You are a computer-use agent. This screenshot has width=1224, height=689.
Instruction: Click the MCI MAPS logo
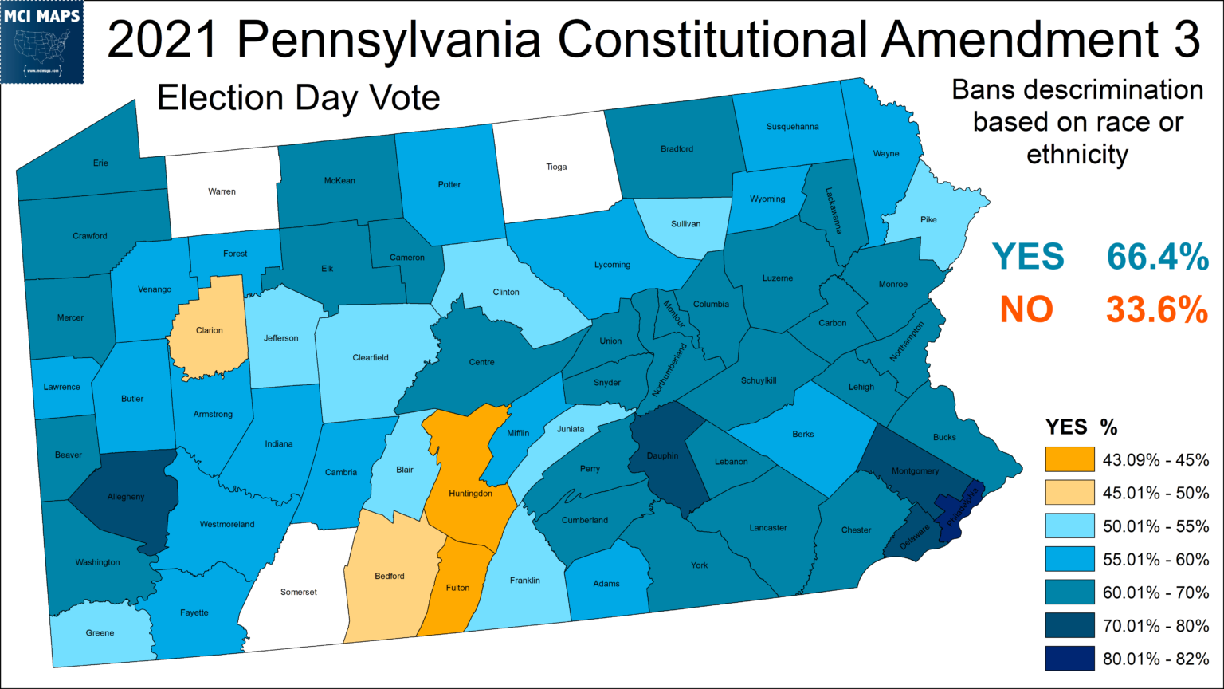point(42,41)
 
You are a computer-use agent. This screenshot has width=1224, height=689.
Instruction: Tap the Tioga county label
point(556,167)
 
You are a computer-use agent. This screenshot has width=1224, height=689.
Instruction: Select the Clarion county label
point(210,330)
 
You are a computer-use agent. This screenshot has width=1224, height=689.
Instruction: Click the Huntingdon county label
point(470,494)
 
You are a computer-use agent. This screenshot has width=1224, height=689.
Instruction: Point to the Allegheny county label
point(126,497)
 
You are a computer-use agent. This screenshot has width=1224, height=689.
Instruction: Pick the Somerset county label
point(299,593)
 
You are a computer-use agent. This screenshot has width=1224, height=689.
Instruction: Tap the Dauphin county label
point(662,456)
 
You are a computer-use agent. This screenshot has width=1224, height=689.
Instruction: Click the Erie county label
point(100,163)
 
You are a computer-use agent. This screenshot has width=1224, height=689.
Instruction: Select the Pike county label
point(928,219)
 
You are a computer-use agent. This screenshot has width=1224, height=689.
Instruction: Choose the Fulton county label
point(457,588)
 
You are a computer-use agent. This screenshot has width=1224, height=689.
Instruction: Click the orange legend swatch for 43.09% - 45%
point(1069,459)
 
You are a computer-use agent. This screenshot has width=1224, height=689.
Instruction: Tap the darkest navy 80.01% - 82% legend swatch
point(1069,659)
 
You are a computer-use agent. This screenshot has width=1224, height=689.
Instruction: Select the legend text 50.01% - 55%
point(1155,526)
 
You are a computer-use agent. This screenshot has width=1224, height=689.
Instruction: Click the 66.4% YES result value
point(1157,258)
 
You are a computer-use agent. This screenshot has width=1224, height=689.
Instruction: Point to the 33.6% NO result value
point(1157,309)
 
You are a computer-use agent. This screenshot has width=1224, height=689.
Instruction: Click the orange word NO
point(1026,309)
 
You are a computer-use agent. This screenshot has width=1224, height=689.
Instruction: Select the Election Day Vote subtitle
point(298,98)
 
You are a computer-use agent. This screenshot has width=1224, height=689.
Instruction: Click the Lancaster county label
point(768,528)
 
